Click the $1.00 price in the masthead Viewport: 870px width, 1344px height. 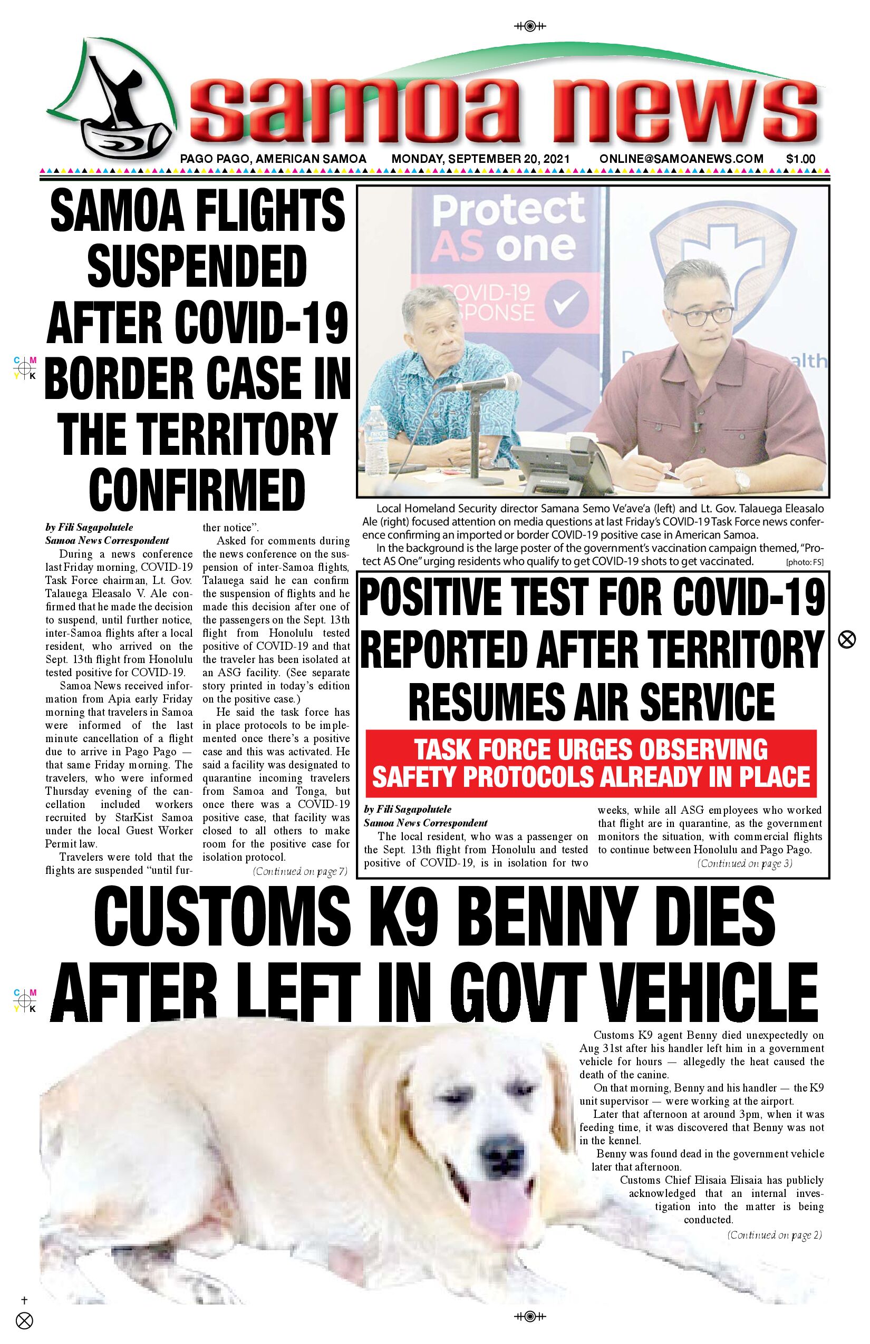pos(800,159)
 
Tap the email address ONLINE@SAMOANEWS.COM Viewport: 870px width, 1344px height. pos(681,159)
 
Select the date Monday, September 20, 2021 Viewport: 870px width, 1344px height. pos(481,159)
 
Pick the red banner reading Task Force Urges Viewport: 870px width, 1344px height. pos(591,762)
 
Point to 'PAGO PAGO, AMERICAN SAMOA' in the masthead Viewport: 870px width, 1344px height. pos(273,159)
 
